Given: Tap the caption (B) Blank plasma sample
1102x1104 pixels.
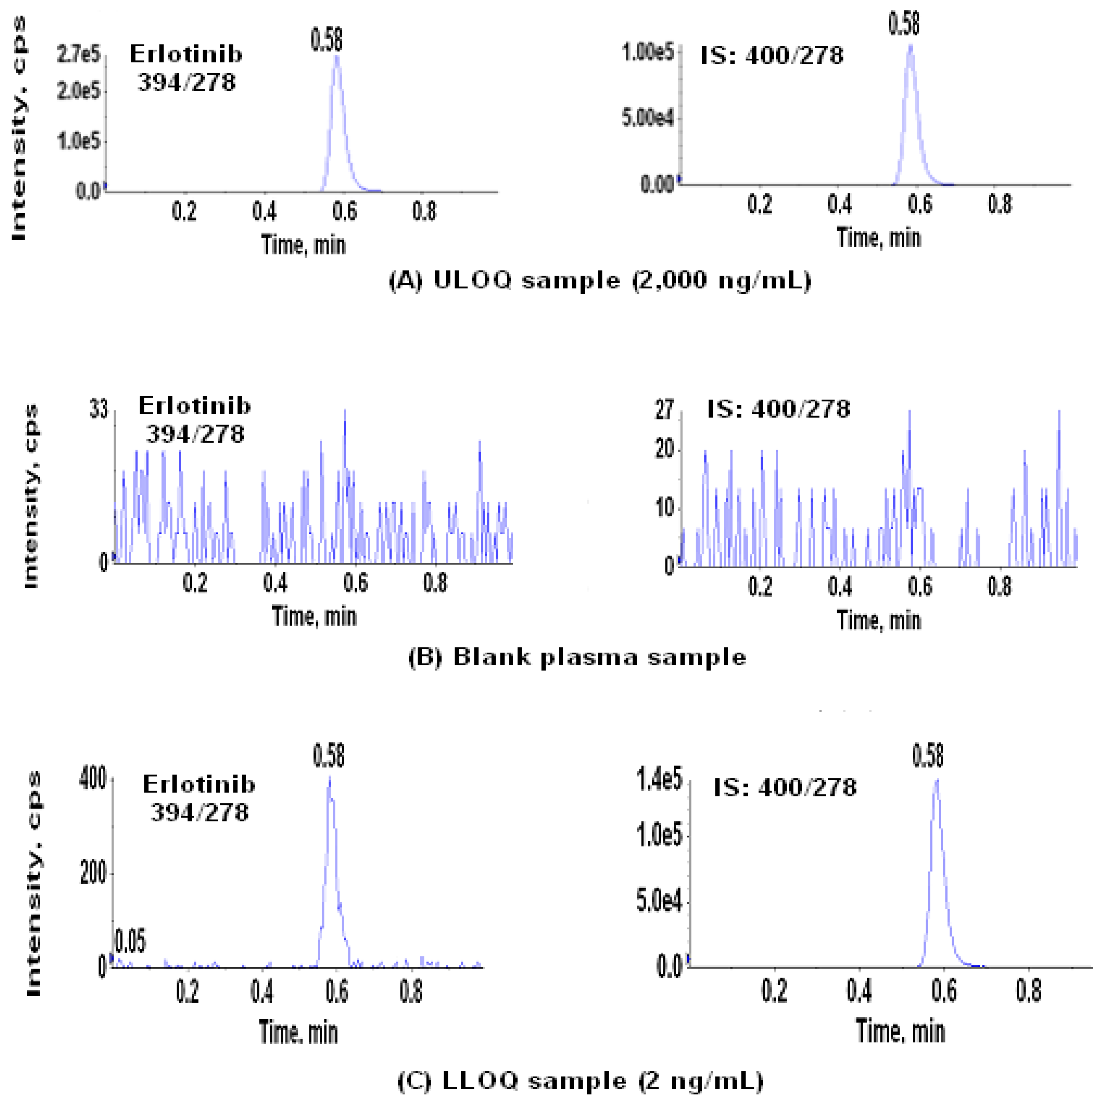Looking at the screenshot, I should click(577, 657).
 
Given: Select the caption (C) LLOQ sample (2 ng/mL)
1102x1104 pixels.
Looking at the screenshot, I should click(580, 1081).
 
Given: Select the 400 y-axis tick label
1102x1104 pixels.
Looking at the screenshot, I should click(93, 778).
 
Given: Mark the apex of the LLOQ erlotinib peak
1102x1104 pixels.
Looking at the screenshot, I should click(329, 778).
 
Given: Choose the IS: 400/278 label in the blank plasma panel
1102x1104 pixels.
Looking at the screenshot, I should click(779, 409).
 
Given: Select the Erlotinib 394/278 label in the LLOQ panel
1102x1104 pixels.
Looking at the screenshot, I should click(199, 798).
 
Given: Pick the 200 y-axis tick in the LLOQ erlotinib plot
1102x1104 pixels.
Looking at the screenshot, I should click(93, 873).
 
